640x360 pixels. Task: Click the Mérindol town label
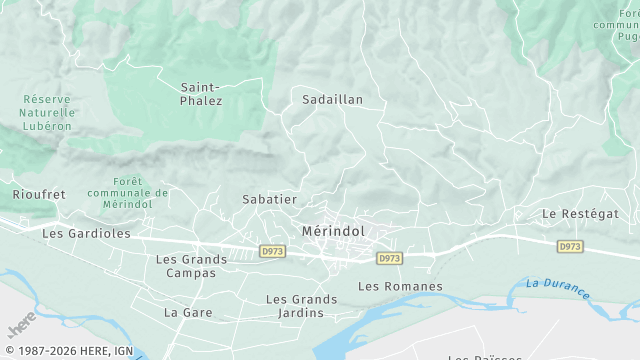click(333, 231)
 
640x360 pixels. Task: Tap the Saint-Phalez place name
click(201, 94)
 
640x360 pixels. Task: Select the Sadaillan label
click(332, 100)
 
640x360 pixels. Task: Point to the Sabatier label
click(270, 199)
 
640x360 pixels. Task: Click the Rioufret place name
click(38, 194)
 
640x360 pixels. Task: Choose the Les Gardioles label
click(86, 233)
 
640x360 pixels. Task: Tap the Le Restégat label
click(580, 214)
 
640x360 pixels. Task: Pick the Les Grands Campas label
click(191, 266)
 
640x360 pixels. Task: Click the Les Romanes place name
click(400, 287)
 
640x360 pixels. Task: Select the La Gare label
click(184, 312)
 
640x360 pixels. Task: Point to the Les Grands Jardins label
click(301, 306)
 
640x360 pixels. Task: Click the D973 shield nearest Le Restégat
click(570, 246)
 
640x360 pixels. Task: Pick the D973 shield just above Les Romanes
click(390, 258)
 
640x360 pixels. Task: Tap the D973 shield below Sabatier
click(271, 250)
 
